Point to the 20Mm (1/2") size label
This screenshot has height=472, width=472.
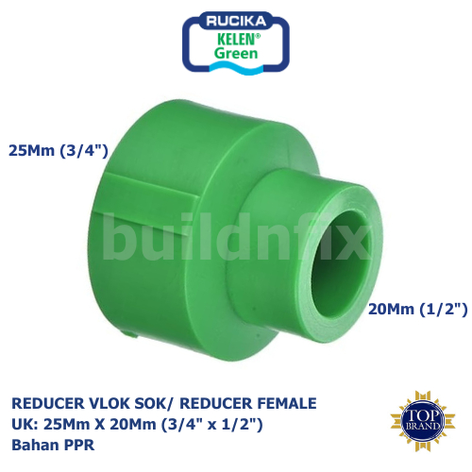tap(418, 309)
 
